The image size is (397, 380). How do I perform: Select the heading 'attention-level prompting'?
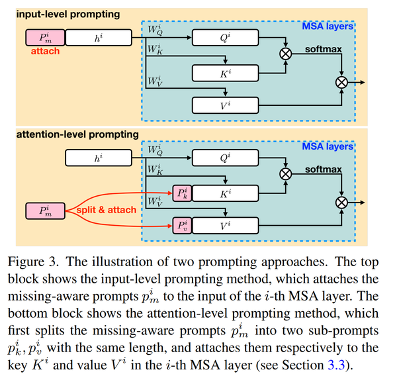tap(77, 134)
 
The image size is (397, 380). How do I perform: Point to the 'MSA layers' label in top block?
tap(328, 26)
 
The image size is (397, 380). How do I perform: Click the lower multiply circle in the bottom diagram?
tap(341, 202)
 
